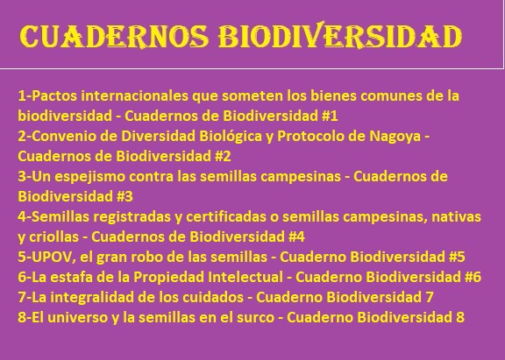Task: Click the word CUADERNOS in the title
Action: click(114, 36)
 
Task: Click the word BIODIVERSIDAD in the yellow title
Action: click(340, 35)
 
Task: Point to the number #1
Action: click(330, 116)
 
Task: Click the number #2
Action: click(223, 157)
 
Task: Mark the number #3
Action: click(124, 196)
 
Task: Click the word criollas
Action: click(54, 236)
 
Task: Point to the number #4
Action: click(296, 236)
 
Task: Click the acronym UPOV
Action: click(52, 257)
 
